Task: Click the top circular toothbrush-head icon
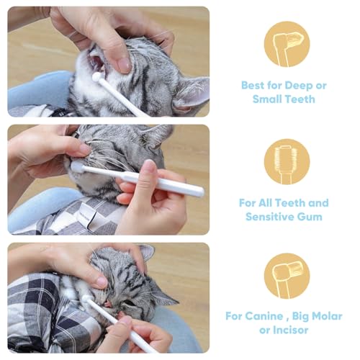[287, 43]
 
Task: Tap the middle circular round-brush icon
[287, 161]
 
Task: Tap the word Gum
[311, 216]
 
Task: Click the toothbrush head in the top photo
[96, 76]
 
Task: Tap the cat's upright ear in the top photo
[189, 92]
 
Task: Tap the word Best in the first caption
[253, 86]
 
